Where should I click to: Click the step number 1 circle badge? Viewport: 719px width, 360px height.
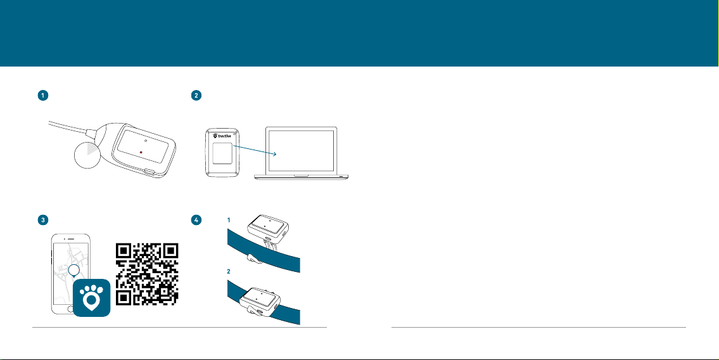42,96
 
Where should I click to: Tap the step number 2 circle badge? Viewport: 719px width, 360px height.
196,96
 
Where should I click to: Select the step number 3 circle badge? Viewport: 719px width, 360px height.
42,220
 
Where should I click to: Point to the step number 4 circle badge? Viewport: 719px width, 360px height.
196,220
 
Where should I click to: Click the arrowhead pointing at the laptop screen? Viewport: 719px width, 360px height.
273,155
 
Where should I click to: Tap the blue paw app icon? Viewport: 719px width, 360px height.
92,297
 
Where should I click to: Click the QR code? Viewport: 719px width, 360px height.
147,274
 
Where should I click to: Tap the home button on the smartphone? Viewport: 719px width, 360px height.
70,309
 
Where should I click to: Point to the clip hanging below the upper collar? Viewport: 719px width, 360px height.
253,259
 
